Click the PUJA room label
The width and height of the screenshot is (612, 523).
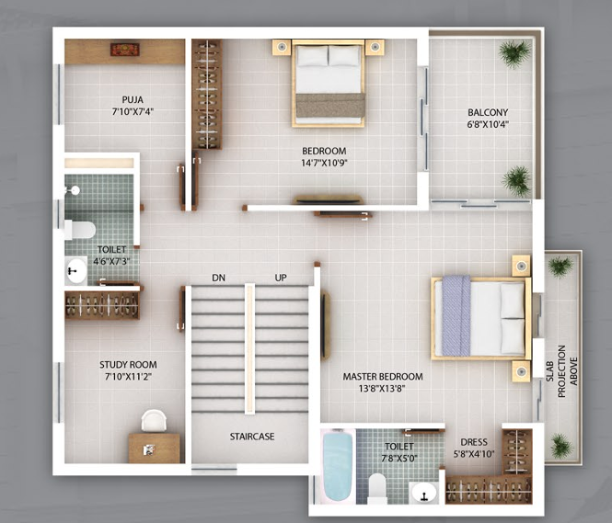[x=133, y=99]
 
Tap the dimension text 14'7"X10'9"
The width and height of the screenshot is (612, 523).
[x=324, y=164]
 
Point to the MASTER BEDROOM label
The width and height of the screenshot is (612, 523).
[x=383, y=377]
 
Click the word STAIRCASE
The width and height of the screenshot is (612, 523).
[x=252, y=437]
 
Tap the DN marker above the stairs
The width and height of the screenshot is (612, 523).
[x=218, y=278]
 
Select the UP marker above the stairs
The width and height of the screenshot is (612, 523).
[x=281, y=278]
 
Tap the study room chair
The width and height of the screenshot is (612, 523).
[x=154, y=420]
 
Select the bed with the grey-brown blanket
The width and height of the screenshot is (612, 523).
[x=329, y=83]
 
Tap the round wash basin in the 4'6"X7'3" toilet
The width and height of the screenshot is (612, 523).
[x=75, y=271]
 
